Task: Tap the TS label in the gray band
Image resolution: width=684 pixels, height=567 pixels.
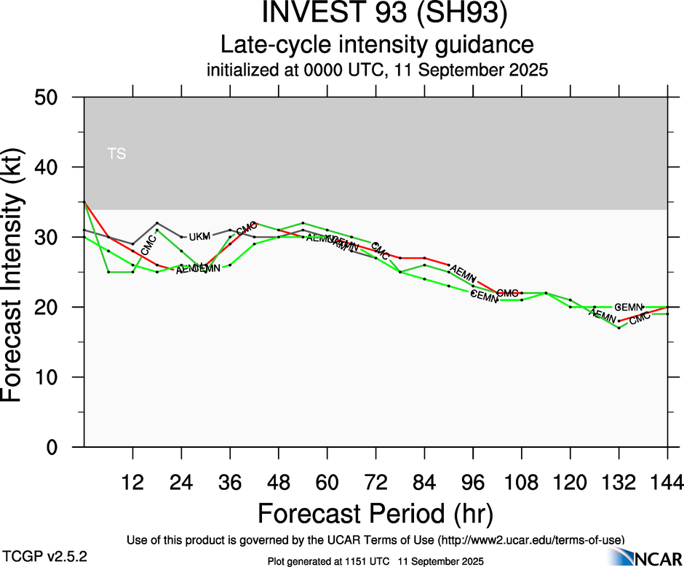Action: coord(116,153)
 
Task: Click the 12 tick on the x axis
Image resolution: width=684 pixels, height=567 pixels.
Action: coord(132,481)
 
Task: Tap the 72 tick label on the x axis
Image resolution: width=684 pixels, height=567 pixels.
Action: coord(375,481)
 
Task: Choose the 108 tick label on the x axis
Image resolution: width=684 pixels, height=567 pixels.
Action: coord(521,481)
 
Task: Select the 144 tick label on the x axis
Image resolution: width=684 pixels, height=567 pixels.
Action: coord(667,481)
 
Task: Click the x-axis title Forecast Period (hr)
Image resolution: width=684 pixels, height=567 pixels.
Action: coord(375,513)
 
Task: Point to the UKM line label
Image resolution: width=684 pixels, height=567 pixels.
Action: coord(199,237)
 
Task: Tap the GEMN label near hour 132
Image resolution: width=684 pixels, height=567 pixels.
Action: coord(628,307)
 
